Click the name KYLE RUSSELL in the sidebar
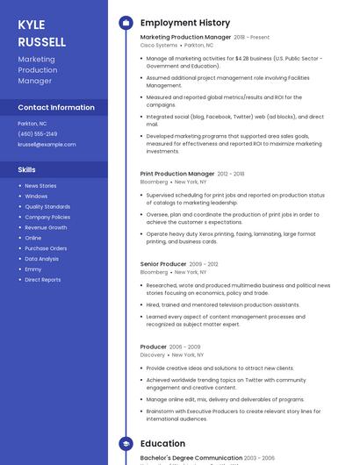pos(41,33)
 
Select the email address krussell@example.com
pos(47,144)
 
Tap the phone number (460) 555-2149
pos(38,134)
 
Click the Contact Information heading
pos(56,107)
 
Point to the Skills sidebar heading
pos(27,169)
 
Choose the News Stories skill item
pos(40,186)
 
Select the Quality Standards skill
pos(47,207)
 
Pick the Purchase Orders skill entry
pos(46,248)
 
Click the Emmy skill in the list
pos(32,269)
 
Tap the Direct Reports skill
pos(43,280)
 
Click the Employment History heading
pos(185,23)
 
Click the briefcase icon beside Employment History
pos(126,23)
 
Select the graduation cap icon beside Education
pos(126,444)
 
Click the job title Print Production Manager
pos(177,174)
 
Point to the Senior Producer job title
pos(163,264)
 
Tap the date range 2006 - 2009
pos(185,347)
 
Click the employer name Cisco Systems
pos(159,45)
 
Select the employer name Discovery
pos(153,355)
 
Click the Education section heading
pos(163,444)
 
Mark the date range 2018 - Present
pos(252,38)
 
